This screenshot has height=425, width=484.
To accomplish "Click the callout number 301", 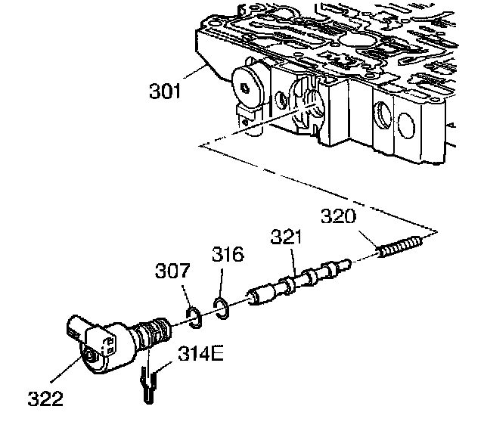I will pos(166,93).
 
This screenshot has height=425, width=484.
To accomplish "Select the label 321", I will pos(287,238).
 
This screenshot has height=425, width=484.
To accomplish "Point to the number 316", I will pos(228,255).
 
